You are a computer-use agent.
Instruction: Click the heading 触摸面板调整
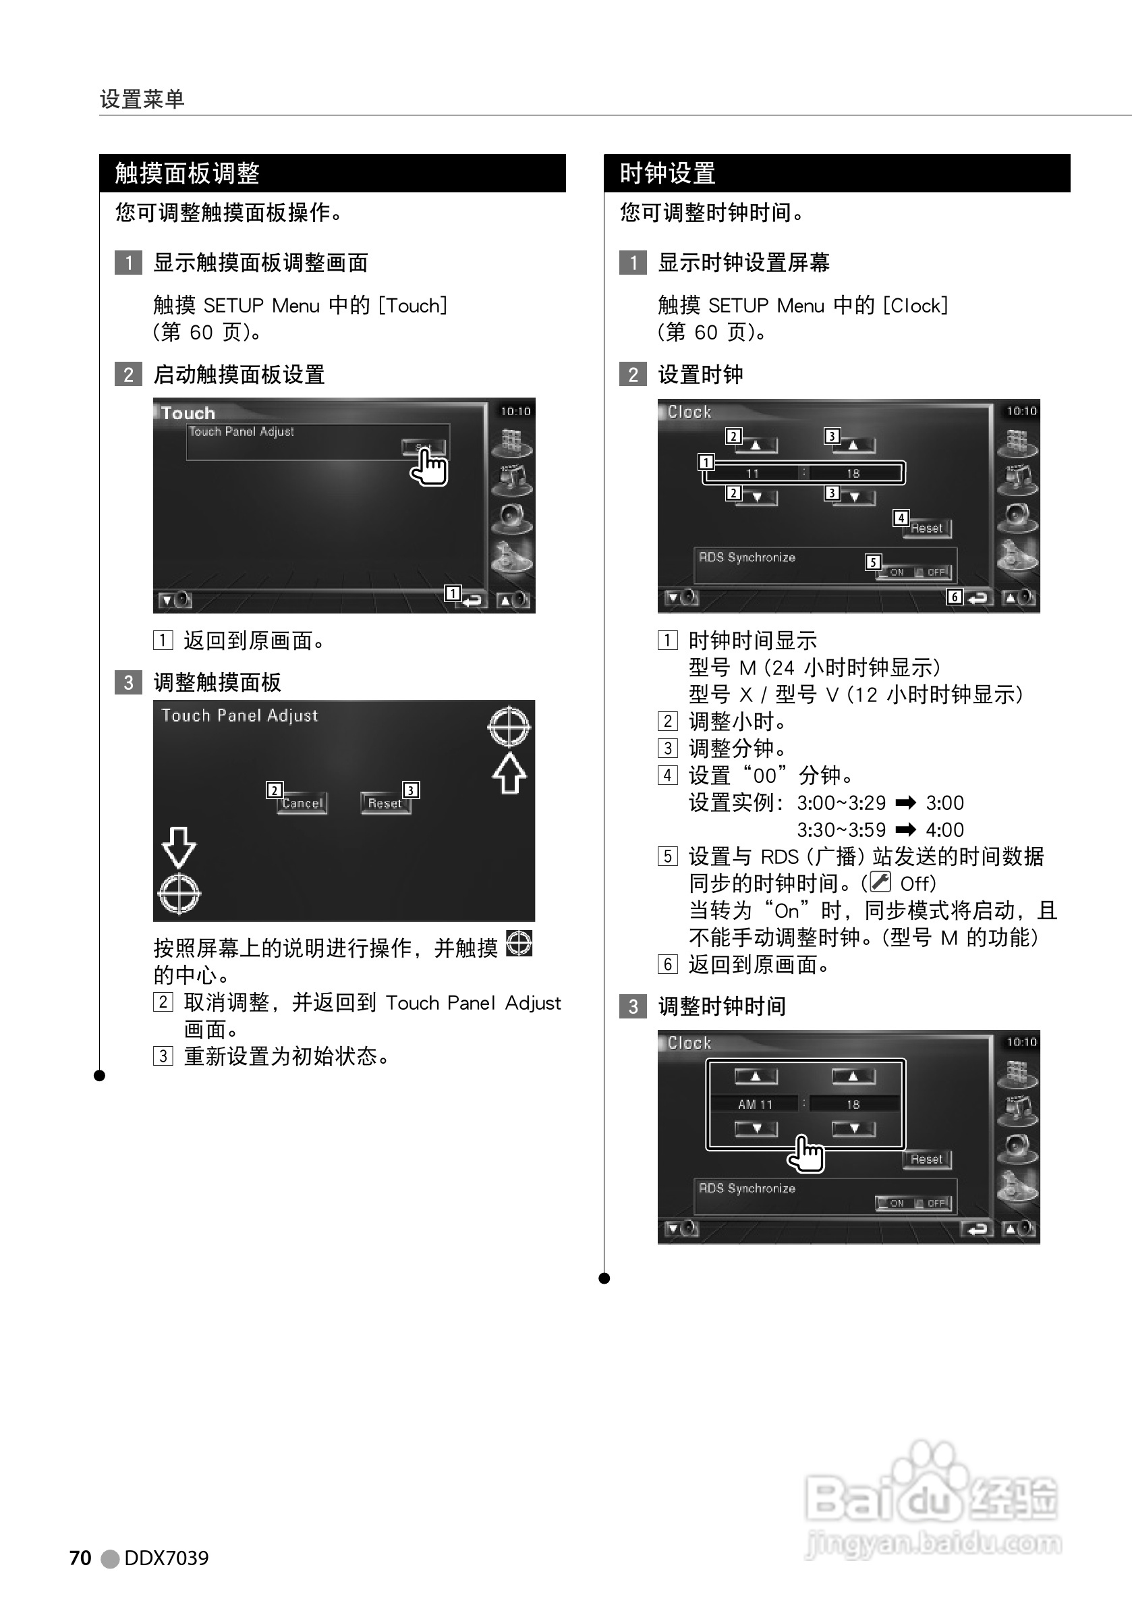[x=187, y=173]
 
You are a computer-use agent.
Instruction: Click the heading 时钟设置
[x=667, y=173]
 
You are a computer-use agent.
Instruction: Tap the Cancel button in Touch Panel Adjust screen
[x=302, y=803]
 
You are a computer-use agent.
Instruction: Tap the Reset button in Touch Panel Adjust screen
[x=385, y=803]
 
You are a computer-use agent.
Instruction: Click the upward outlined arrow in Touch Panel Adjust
[x=509, y=773]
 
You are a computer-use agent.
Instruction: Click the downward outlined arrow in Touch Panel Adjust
[x=178, y=847]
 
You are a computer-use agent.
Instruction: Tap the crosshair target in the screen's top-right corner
[x=509, y=727]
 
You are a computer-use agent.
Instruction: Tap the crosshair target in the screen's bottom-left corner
[x=179, y=894]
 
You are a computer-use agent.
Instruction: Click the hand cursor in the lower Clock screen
[x=807, y=1154]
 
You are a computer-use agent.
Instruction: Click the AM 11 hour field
[x=755, y=1104]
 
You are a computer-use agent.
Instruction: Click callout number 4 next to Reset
[x=901, y=518]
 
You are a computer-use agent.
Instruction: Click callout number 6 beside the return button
[x=955, y=597]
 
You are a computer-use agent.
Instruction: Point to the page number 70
[x=80, y=1557]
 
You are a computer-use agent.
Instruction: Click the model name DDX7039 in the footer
[x=166, y=1557]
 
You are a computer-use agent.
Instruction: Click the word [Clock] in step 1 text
[x=915, y=306]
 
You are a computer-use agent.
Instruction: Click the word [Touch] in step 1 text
[x=412, y=306]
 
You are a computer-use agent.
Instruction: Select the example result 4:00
[x=944, y=830]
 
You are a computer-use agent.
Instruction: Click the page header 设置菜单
[x=142, y=99]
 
